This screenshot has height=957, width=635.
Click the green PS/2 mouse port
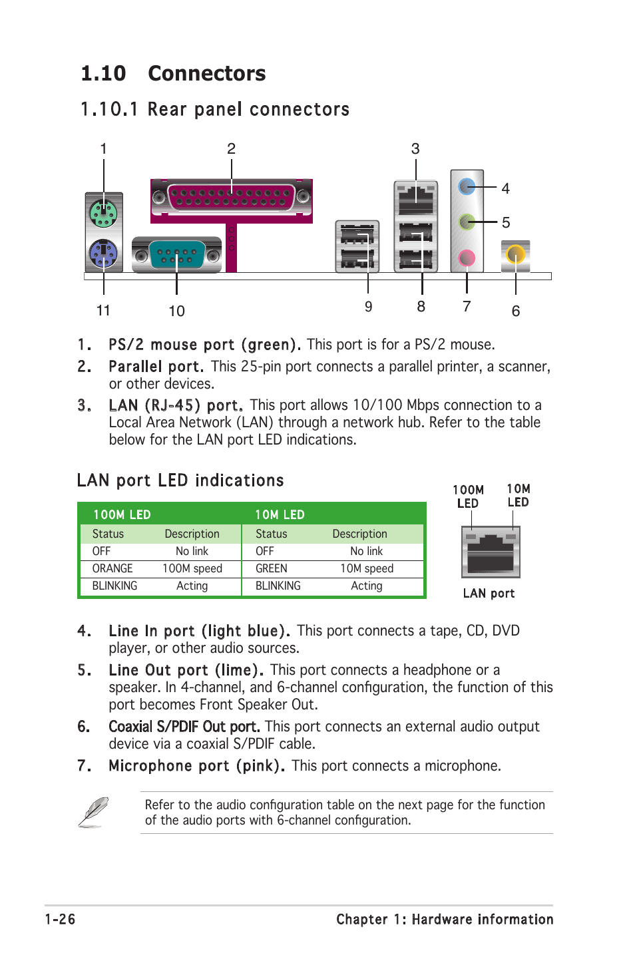pyautogui.click(x=103, y=214)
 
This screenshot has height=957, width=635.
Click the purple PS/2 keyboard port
pyautogui.click(x=103, y=254)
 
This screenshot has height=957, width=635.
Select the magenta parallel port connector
pyautogui.click(x=231, y=197)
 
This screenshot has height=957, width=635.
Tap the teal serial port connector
pyautogui.click(x=176, y=254)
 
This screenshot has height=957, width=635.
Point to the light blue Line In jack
pyautogui.click(x=467, y=186)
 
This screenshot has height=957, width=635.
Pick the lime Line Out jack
pyautogui.click(x=467, y=221)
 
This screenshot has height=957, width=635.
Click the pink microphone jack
pyautogui.click(x=467, y=257)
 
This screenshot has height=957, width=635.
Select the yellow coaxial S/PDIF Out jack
pyautogui.click(x=515, y=254)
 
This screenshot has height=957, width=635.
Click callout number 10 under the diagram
pyautogui.click(x=176, y=311)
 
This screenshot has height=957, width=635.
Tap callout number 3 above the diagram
pyautogui.click(x=415, y=148)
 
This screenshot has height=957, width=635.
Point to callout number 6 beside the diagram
pyautogui.click(x=516, y=311)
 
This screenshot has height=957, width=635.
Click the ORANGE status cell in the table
pyautogui.click(x=112, y=568)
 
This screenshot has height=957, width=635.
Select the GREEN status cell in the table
pyautogui.click(x=272, y=568)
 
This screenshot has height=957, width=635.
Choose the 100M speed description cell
pyautogui.click(x=192, y=568)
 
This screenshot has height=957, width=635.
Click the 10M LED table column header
pyautogui.click(x=280, y=514)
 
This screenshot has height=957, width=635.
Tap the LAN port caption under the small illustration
pyautogui.click(x=489, y=593)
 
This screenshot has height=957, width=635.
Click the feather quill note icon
pyautogui.click(x=93, y=812)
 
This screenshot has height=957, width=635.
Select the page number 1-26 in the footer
pyautogui.click(x=60, y=919)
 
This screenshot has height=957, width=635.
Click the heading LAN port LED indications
pyautogui.click(x=180, y=480)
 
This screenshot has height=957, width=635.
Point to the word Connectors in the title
pyautogui.click(x=206, y=73)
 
